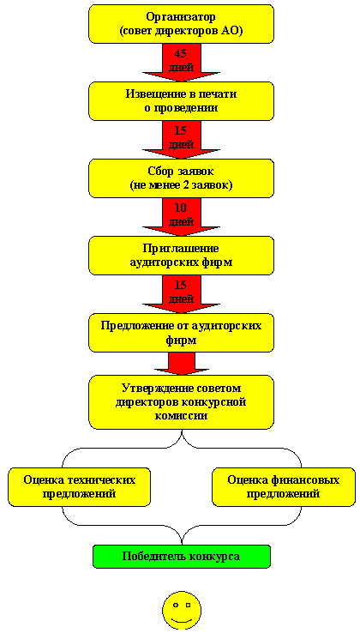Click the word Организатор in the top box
click(181, 17)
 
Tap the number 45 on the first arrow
click(181, 54)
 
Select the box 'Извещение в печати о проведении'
click(181, 101)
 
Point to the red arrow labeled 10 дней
click(181, 217)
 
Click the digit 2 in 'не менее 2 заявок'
click(198, 186)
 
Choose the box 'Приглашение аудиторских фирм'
click(181, 256)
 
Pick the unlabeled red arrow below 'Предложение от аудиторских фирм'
click(181, 364)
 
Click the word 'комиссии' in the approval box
click(181, 415)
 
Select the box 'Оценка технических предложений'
click(79, 487)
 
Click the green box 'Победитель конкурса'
click(181, 557)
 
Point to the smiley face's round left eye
click(176, 606)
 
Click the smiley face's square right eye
click(188, 606)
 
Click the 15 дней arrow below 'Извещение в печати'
click(181, 140)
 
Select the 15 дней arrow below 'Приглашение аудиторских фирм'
click(181, 294)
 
